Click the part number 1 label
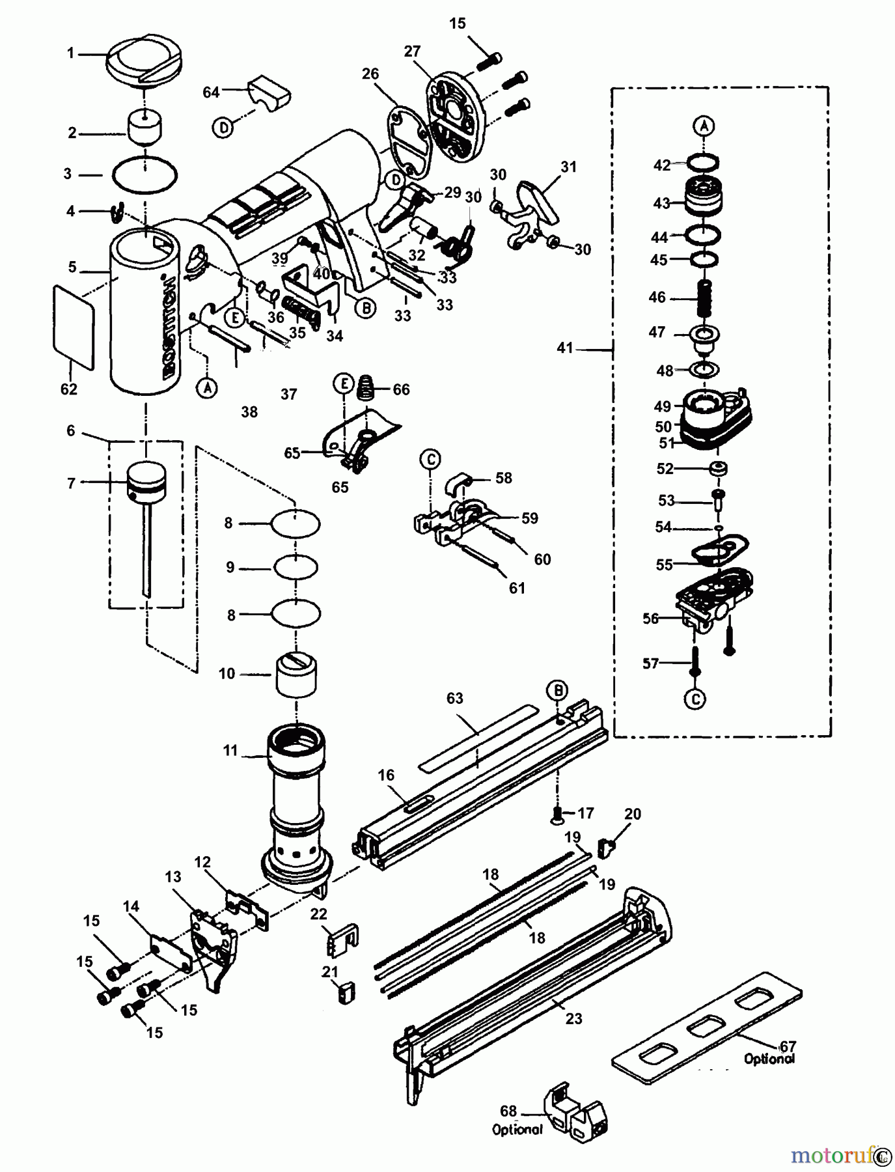click(71, 53)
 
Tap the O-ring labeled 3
click(145, 174)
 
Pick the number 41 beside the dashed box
click(564, 348)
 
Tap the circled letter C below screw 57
click(695, 699)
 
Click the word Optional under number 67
click(769, 1059)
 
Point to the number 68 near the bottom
click(508, 1111)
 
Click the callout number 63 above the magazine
click(454, 698)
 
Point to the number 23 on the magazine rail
click(573, 1018)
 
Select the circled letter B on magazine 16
click(557, 690)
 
